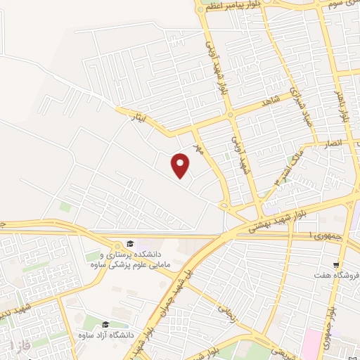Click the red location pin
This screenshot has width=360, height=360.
(x=181, y=166)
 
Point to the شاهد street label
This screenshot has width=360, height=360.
(x=271, y=102)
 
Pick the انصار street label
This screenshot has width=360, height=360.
(x=333, y=143)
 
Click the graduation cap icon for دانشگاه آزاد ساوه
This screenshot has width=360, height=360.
(x=105, y=324)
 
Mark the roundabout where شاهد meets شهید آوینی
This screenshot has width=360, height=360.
(x=229, y=115)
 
